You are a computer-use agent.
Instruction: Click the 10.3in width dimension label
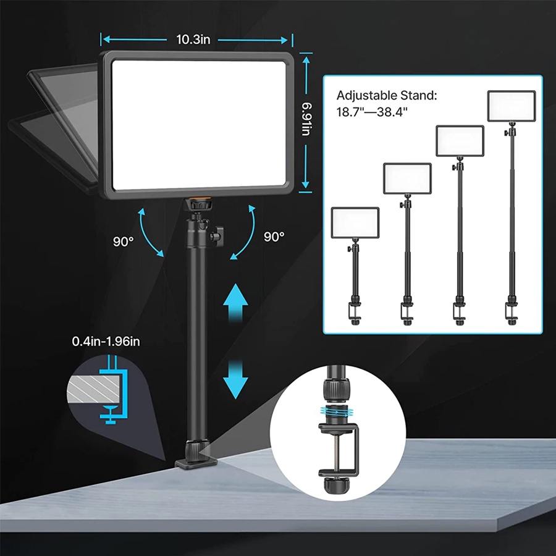pyautogui.click(x=193, y=40)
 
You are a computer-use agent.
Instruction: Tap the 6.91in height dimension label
pyautogui.click(x=306, y=119)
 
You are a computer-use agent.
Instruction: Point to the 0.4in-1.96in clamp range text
pyautogui.click(x=106, y=341)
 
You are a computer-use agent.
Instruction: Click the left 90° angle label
pyautogui.click(x=124, y=242)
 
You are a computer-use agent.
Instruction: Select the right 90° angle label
pyautogui.click(x=274, y=237)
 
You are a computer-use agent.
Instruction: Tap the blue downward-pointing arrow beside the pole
pyautogui.click(x=235, y=379)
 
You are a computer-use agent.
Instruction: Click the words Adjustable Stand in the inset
pyautogui.click(x=387, y=95)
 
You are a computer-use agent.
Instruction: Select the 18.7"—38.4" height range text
pyautogui.click(x=372, y=112)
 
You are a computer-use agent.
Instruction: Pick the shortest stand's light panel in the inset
pyautogui.click(x=355, y=222)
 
